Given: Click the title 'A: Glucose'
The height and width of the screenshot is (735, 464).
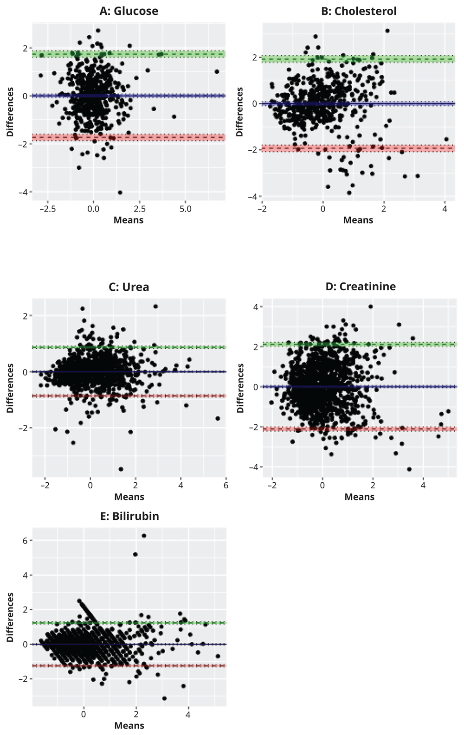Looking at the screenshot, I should coord(129,11).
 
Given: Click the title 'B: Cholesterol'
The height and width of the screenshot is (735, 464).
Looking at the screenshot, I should coord(359,11).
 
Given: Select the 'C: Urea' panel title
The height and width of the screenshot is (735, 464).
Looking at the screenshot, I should coord(129,287).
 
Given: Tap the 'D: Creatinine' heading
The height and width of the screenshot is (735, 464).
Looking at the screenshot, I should coord(360,287).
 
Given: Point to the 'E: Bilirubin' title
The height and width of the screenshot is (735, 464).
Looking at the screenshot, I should coord(129,516).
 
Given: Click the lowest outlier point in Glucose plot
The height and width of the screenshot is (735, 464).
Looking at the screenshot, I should coord(120,192).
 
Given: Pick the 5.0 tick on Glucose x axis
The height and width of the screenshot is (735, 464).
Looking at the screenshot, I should coord(185,209).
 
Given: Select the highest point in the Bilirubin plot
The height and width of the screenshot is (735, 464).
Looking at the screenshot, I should coord(144,536).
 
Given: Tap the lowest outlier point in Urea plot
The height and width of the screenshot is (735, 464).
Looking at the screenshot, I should coord(121,469).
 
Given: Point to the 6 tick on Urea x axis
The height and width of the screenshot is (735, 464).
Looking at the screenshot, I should coord(226,486).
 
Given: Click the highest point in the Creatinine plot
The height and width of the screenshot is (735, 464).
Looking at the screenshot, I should coord(370,307).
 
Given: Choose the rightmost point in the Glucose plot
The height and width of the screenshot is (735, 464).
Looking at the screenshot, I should coord(217,71).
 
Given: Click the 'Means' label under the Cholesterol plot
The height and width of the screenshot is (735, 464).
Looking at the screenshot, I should coord(358,220).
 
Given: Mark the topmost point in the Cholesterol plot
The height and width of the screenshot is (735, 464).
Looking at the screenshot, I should coord(387,31).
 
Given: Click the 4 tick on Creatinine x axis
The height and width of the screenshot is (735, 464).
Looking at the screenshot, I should coord(423,486).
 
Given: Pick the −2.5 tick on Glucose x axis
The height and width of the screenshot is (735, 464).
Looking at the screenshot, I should coord(47,209).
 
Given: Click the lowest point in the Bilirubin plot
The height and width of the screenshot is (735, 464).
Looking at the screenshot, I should coord(164,698).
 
